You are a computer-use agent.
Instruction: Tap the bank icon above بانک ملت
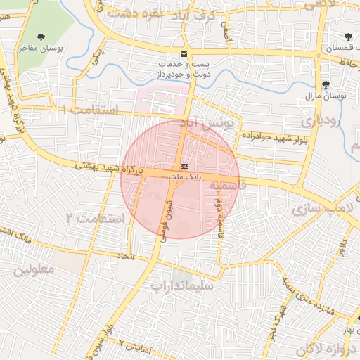[x=184, y=165]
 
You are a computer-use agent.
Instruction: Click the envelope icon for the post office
[x=184, y=54]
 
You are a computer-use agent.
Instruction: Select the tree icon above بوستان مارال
[x=325, y=84]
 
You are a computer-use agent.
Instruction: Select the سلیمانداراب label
[x=180, y=286]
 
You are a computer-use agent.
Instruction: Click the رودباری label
[x=321, y=121]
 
